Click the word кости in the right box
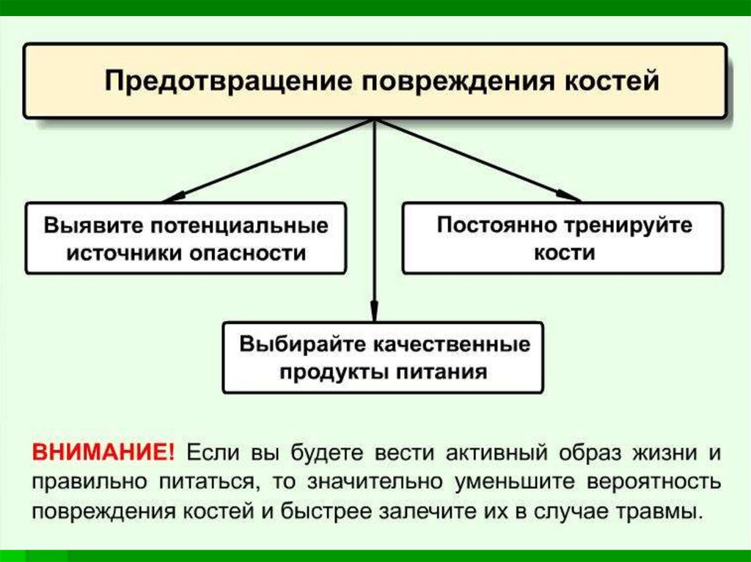(x=563, y=254)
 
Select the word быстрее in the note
(x=327, y=511)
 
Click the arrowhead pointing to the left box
(x=171, y=199)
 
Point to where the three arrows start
(x=375, y=120)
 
